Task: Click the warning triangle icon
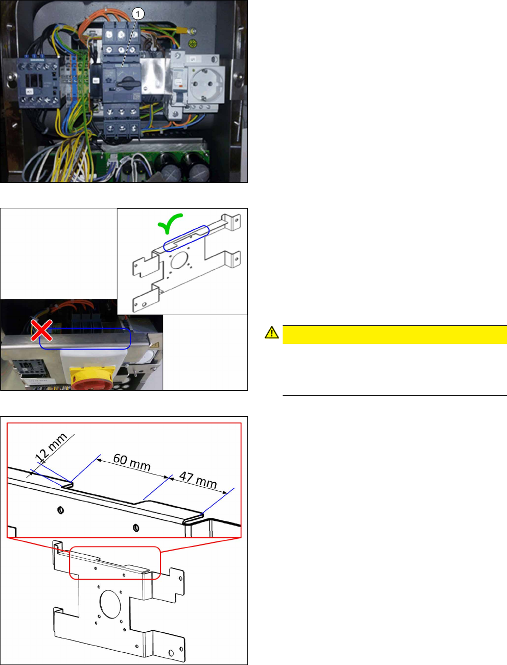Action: (x=271, y=332)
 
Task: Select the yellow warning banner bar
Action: (x=394, y=335)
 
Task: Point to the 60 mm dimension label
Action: (x=132, y=462)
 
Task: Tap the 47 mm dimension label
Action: (x=198, y=480)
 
